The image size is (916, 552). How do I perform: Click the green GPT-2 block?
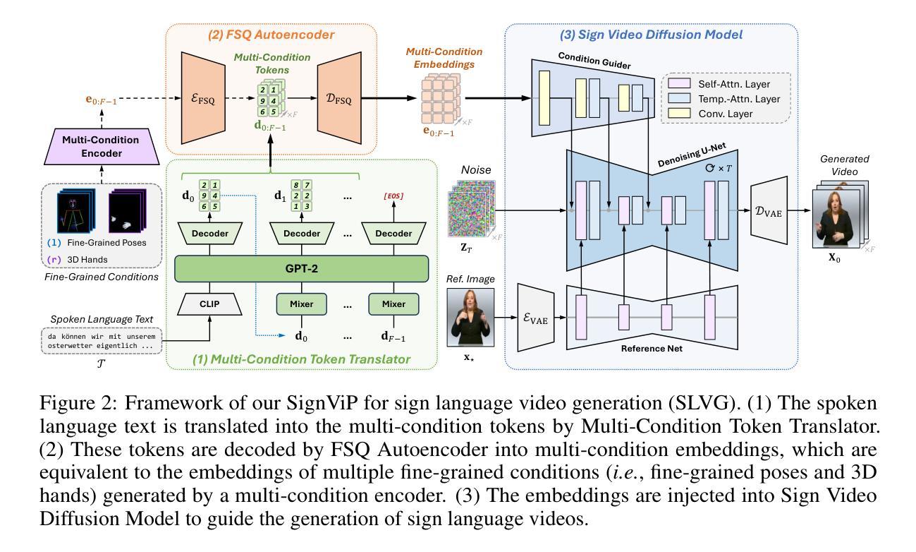pos(302,268)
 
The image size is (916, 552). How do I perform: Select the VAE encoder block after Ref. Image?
pos(539,318)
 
